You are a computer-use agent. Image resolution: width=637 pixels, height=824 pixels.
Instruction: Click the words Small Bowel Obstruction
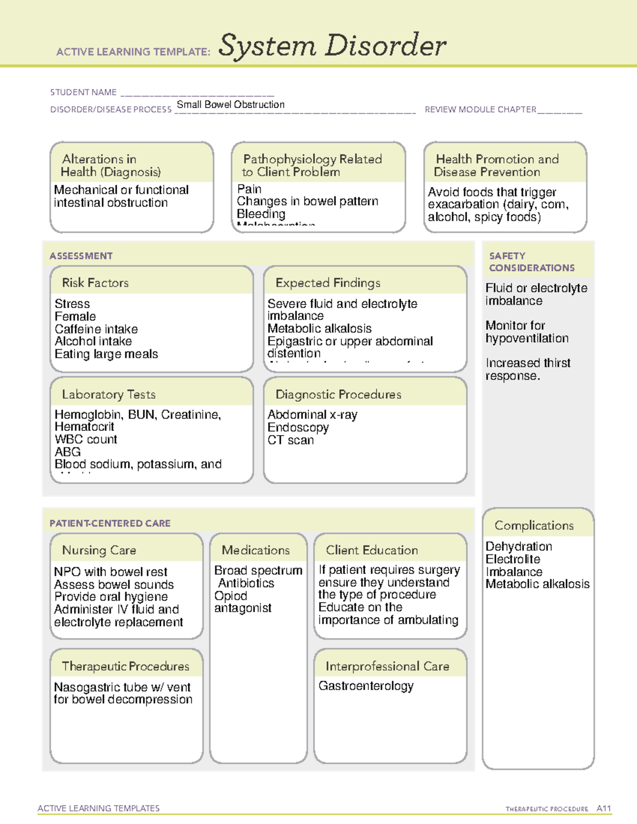coord(230,105)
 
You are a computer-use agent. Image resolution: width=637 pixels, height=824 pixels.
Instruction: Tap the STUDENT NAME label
coord(83,92)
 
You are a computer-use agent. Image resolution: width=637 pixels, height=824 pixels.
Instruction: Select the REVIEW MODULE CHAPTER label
coord(480,109)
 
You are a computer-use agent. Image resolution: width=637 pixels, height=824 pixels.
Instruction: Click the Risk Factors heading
coord(95,283)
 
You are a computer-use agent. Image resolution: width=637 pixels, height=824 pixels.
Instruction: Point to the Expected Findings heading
coord(328,283)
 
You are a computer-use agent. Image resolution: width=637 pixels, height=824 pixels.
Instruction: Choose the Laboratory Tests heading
coord(108,394)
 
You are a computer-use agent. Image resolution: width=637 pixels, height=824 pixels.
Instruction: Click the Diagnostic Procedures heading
coord(338,394)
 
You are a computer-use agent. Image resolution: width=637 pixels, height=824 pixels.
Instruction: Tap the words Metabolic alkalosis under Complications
coord(537,584)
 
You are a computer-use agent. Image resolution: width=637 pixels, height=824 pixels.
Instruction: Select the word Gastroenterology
coord(366,686)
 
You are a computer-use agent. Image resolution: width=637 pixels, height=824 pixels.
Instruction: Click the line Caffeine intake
coord(96,329)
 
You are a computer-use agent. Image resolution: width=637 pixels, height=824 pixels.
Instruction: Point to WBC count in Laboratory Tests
coord(86,439)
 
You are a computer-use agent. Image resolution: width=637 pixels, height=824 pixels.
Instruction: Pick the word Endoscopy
coord(298,427)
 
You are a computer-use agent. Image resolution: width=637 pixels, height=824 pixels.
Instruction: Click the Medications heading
coord(255,550)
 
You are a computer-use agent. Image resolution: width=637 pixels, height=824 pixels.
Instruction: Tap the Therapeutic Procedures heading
coord(125,666)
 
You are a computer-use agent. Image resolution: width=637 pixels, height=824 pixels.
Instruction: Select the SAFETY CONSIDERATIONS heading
coord(531,262)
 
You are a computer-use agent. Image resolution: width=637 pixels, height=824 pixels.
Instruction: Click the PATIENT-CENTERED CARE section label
coord(110,523)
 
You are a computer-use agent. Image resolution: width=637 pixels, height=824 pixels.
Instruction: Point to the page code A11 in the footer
coord(604,809)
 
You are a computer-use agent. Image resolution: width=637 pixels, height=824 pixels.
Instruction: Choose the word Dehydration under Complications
coord(519,547)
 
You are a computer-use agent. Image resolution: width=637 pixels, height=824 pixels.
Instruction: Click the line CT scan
coord(290,440)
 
